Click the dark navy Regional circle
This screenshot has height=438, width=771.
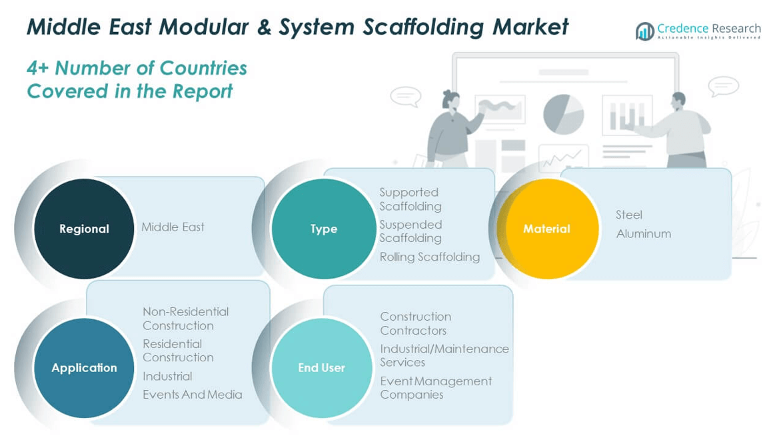pos(84,229)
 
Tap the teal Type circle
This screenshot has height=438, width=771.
pos(324,229)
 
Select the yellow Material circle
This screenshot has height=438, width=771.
pos(546,229)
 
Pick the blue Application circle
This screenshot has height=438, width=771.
pos(84,367)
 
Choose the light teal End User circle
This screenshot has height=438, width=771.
pos(321,367)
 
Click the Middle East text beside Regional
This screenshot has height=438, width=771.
pos(173,227)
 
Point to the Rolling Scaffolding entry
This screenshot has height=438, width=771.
pos(429,257)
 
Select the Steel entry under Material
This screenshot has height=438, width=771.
pos(628,215)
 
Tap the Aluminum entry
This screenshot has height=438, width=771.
pos(643,233)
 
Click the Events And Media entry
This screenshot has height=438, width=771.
pos(192,395)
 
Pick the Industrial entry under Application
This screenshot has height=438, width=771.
pos(167,376)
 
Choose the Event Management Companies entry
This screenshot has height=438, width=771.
pos(435,387)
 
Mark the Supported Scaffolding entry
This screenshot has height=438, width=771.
pos(410,199)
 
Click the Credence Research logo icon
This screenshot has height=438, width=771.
pos(644,31)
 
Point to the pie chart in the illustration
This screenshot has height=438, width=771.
pos(563,113)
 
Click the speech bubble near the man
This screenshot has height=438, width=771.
pos(722,86)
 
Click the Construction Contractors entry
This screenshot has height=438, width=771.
pos(415,323)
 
